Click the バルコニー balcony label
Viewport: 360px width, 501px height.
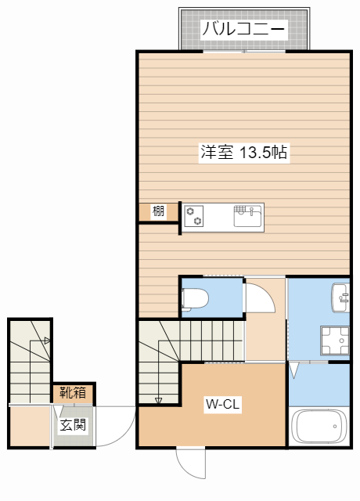pos(243,31)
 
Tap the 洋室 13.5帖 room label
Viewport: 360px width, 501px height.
pos(243,153)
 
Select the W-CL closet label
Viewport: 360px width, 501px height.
pos(221,405)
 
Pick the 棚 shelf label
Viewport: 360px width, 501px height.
pos(159,211)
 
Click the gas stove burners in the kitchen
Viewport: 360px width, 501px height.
pos(193,215)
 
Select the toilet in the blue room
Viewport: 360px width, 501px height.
pos(195,298)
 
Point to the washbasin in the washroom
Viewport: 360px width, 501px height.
pos(340,297)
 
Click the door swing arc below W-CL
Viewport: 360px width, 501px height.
pos(191,464)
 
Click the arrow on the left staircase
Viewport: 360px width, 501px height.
pos(46,341)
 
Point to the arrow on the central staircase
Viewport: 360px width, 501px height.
pos(158,400)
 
